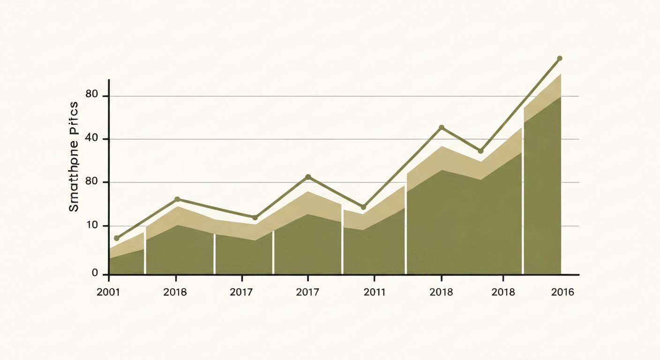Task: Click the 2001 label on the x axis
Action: [x=108, y=292]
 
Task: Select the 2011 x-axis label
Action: [x=375, y=292]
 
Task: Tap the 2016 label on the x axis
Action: [x=562, y=292]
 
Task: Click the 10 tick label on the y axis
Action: [x=92, y=226]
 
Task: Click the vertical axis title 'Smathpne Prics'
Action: [x=74, y=157]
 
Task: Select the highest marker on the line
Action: [x=559, y=59]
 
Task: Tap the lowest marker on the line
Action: [x=117, y=238]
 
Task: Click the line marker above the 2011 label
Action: [x=363, y=207]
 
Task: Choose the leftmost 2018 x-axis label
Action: [x=175, y=292]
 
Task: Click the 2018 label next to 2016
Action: [x=503, y=292]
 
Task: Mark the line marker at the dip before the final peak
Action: [x=480, y=151]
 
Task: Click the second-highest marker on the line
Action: [x=441, y=127]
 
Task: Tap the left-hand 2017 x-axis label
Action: [x=241, y=292]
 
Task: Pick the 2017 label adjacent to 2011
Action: [x=307, y=292]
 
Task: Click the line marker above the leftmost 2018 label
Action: [x=177, y=199]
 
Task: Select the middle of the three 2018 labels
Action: [x=441, y=292]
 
